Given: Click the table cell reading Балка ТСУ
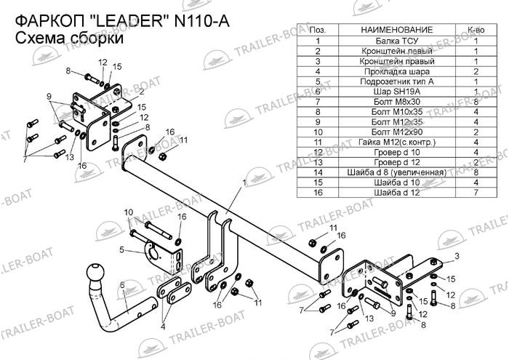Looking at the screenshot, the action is [397, 41].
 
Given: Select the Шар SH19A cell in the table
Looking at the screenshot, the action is [397, 92].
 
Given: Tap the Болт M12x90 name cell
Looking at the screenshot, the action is [397, 132].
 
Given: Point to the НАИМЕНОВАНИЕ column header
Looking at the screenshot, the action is [397, 30].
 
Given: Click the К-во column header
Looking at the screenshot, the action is [476, 30].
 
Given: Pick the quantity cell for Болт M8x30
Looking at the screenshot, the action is [476, 102].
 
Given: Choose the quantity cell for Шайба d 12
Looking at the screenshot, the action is [476, 193].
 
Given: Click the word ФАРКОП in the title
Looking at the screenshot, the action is [49, 22].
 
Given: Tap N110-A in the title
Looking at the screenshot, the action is [202, 22].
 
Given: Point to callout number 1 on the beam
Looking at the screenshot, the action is [244, 183].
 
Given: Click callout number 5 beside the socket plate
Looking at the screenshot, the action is [121, 250].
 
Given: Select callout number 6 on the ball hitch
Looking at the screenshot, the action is [122, 285].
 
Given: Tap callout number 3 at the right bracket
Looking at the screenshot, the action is [457, 257].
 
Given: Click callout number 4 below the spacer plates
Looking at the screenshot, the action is [163, 327].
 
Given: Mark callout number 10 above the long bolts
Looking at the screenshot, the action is [129, 212].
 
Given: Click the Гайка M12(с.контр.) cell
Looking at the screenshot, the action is [397, 143].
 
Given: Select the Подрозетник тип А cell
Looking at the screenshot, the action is [397, 81].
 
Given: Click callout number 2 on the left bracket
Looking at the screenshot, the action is [142, 92].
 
